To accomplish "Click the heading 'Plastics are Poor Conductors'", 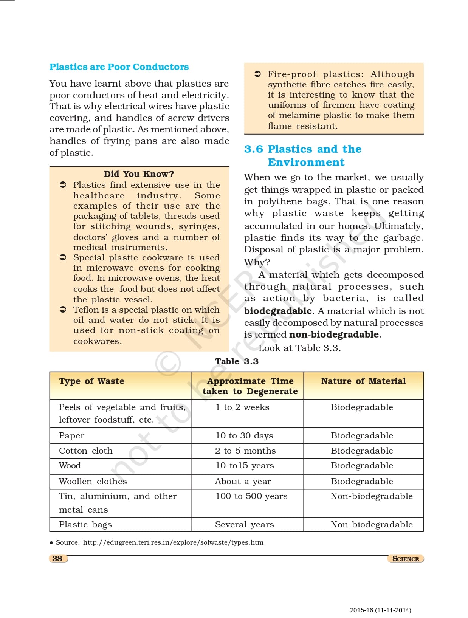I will [119, 67].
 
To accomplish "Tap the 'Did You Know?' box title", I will [139, 174].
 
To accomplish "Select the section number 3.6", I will [253, 149].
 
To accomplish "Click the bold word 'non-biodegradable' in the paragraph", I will [334, 335].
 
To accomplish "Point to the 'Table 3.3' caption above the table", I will [237, 361].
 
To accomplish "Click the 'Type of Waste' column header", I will [91, 381].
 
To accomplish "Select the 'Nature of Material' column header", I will [363, 381].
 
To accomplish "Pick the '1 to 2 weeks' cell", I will [242, 407].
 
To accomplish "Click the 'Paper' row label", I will [71, 435].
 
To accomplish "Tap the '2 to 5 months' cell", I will [245, 451].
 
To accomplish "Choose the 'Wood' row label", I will [70, 465].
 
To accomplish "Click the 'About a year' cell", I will [243, 481].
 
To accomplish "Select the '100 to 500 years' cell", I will [251, 496].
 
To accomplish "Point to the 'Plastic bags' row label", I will [85, 524].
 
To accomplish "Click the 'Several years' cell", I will [244, 524].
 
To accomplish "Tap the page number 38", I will [57, 559].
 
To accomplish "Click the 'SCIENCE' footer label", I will [405, 559].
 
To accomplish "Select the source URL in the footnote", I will [173, 542].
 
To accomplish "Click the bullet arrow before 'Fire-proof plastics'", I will [257, 74].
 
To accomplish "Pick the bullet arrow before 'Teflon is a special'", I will [63, 310].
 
